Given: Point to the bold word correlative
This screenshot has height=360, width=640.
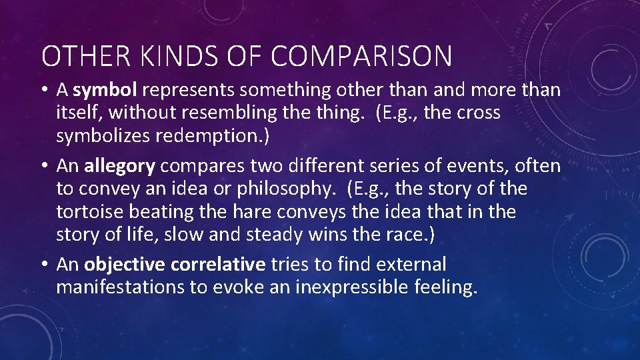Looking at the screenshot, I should coord(218,265).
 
